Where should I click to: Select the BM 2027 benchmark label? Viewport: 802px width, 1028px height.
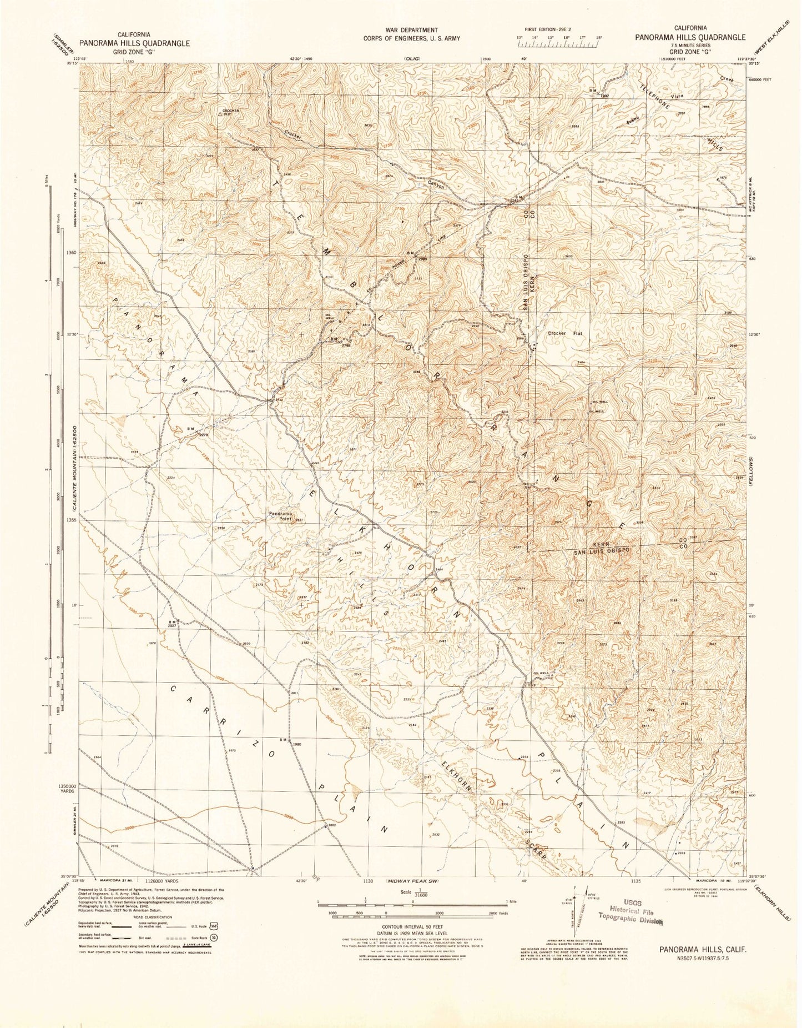pos(172,623)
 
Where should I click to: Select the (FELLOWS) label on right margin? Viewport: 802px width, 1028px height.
pos(750,473)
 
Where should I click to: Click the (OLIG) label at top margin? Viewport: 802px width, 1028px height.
pos(412,58)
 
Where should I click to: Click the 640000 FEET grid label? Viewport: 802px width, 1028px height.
pos(759,79)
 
